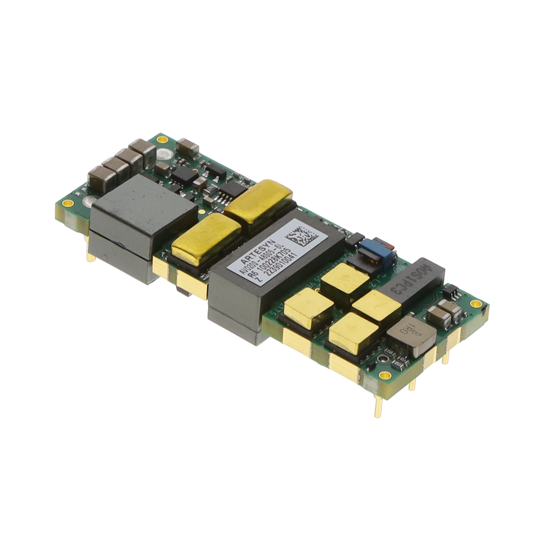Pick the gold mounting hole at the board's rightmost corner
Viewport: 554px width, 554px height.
tap(474, 304)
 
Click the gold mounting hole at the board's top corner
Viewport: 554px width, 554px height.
tap(161, 140)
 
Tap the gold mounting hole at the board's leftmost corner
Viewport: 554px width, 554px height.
tap(68, 203)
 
